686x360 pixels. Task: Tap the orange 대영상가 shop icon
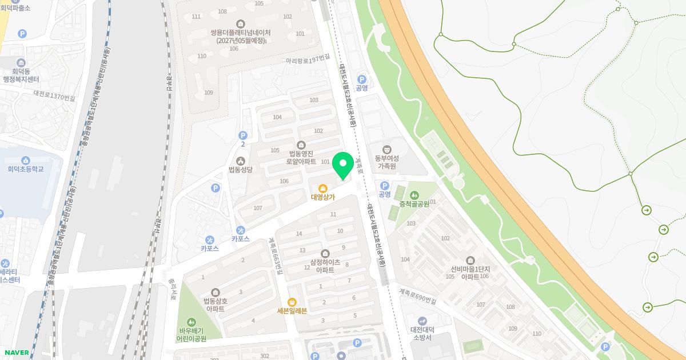(323, 187)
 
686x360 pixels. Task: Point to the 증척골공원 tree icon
(414, 195)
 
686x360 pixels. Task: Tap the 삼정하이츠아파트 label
(325, 266)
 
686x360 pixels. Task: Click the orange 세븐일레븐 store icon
(292, 301)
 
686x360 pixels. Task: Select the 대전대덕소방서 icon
(422, 321)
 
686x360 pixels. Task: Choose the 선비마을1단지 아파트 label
(469, 273)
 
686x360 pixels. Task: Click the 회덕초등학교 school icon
(26, 160)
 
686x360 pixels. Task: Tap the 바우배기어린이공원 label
(192, 334)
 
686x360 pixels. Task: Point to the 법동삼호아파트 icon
(216, 292)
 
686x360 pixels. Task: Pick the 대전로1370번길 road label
(54, 95)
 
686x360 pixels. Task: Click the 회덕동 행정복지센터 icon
(21, 62)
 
